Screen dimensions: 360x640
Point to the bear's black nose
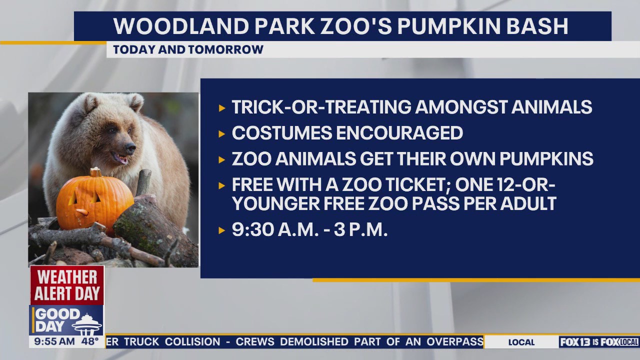(130, 148)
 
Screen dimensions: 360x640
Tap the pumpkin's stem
(95, 172)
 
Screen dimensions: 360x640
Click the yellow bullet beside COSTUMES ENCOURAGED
(222, 133)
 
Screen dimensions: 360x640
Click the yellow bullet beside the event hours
(222, 230)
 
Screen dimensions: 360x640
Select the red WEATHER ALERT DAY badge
(67, 285)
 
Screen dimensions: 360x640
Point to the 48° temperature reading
(90, 342)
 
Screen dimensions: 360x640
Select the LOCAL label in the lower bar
(521, 342)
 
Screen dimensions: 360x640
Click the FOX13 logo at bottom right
(575, 342)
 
